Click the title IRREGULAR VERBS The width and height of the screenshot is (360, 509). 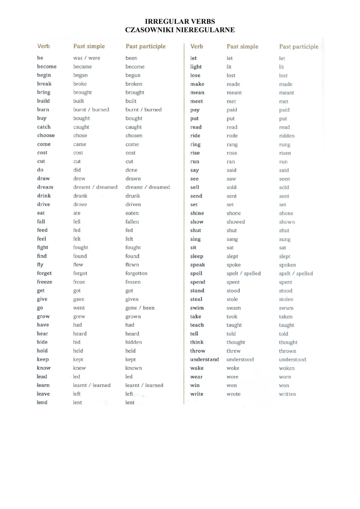pos(180,21)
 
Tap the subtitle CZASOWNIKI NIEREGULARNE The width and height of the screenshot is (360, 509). pos(180,30)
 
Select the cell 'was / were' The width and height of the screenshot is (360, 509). pos(87,58)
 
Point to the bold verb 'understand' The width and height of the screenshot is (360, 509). pos(204,359)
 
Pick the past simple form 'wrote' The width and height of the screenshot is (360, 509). pos(233,394)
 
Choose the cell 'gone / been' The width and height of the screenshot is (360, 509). pos(140,308)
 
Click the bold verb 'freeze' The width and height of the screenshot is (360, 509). pos(45,282)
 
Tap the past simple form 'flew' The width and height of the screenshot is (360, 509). pos(78,265)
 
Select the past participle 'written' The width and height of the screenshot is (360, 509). pos(287,394)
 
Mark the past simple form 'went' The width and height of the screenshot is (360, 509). pos(79,308)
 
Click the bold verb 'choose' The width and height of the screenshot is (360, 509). pos(46,135)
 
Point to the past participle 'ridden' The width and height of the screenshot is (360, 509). pos(287,136)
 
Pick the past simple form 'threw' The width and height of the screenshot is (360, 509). pos(233,351)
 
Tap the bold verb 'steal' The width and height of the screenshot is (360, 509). pos(196,299)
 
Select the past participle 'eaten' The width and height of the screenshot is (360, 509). pos(132,213)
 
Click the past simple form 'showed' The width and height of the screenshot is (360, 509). pos(236,222)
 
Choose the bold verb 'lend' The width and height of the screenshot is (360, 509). pos(42,402)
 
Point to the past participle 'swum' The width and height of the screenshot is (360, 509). pos(286,308)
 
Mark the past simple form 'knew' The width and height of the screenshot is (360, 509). pos(80,368)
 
